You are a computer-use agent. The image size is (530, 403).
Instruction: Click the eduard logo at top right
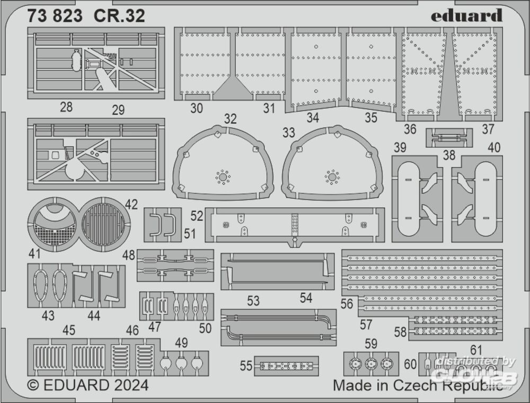[x=466, y=15]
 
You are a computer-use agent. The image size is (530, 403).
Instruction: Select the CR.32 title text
[x=120, y=16]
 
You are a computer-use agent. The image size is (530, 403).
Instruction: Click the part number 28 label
[x=66, y=107]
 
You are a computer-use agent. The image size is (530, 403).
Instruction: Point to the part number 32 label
[x=230, y=119]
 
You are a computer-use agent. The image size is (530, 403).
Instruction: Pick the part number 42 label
[x=131, y=205]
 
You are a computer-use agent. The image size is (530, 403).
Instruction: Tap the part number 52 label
[x=197, y=216]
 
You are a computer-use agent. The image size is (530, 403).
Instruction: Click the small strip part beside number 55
[x=286, y=366]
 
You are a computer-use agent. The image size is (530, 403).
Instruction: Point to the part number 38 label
[x=449, y=155]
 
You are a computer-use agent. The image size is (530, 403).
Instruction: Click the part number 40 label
[x=493, y=148]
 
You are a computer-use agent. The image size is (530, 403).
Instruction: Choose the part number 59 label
[x=370, y=344]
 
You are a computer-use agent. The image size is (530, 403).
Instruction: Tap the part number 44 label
[x=94, y=316]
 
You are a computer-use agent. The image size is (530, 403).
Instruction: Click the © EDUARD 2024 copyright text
[x=87, y=384]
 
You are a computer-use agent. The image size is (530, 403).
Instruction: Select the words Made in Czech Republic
[x=417, y=386]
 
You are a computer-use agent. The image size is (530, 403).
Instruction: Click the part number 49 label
[x=181, y=343]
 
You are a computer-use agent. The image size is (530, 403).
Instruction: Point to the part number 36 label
[x=410, y=129]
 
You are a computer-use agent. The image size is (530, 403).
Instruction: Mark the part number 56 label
[x=347, y=303]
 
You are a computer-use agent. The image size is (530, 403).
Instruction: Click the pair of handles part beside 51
[x=163, y=225]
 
